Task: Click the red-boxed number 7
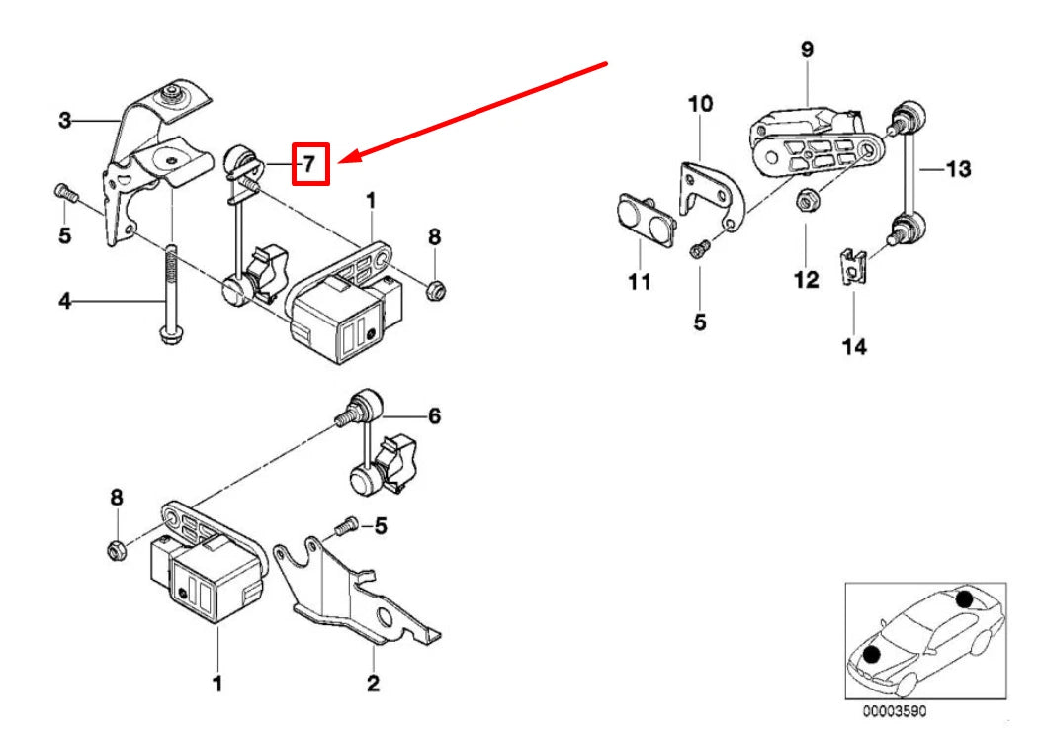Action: (x=309, y=163)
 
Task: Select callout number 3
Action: (x=65, y=121)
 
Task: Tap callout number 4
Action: (x=65, y=300)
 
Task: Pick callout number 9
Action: (x=807, y=49)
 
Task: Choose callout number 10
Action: (x=699, y=103)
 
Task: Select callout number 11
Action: (x=639, y=283)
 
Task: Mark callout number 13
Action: (x=957, y=169)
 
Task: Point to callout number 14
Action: (x=854, y=346)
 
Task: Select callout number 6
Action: (x=433, y=416)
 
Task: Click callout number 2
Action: (x=373, y=682)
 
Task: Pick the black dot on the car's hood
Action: (x=872, y=653)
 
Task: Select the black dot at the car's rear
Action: (x=964, y=598)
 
